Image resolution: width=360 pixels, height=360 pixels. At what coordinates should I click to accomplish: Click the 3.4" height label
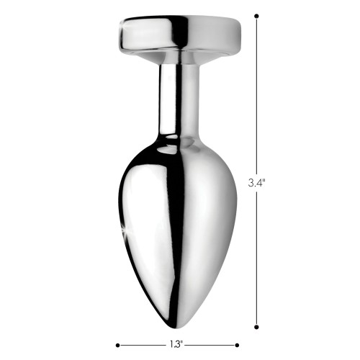(x=256, y=183)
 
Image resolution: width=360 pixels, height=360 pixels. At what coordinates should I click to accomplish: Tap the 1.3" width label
(x=176, y=345)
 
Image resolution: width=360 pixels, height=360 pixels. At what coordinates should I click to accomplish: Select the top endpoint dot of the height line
(x=256, y=16)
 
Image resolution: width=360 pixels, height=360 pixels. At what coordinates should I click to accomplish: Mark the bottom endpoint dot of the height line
(x=256, y=327)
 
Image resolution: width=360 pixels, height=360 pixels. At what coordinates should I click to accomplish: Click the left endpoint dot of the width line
(x=117, y=345)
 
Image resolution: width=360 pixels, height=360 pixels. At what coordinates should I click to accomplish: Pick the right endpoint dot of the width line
(x=237, y=345)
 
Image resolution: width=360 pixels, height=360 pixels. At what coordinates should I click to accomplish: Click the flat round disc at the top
(x=180, y=34)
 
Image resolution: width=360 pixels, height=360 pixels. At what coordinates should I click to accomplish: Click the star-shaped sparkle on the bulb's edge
(x=125, y=230)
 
